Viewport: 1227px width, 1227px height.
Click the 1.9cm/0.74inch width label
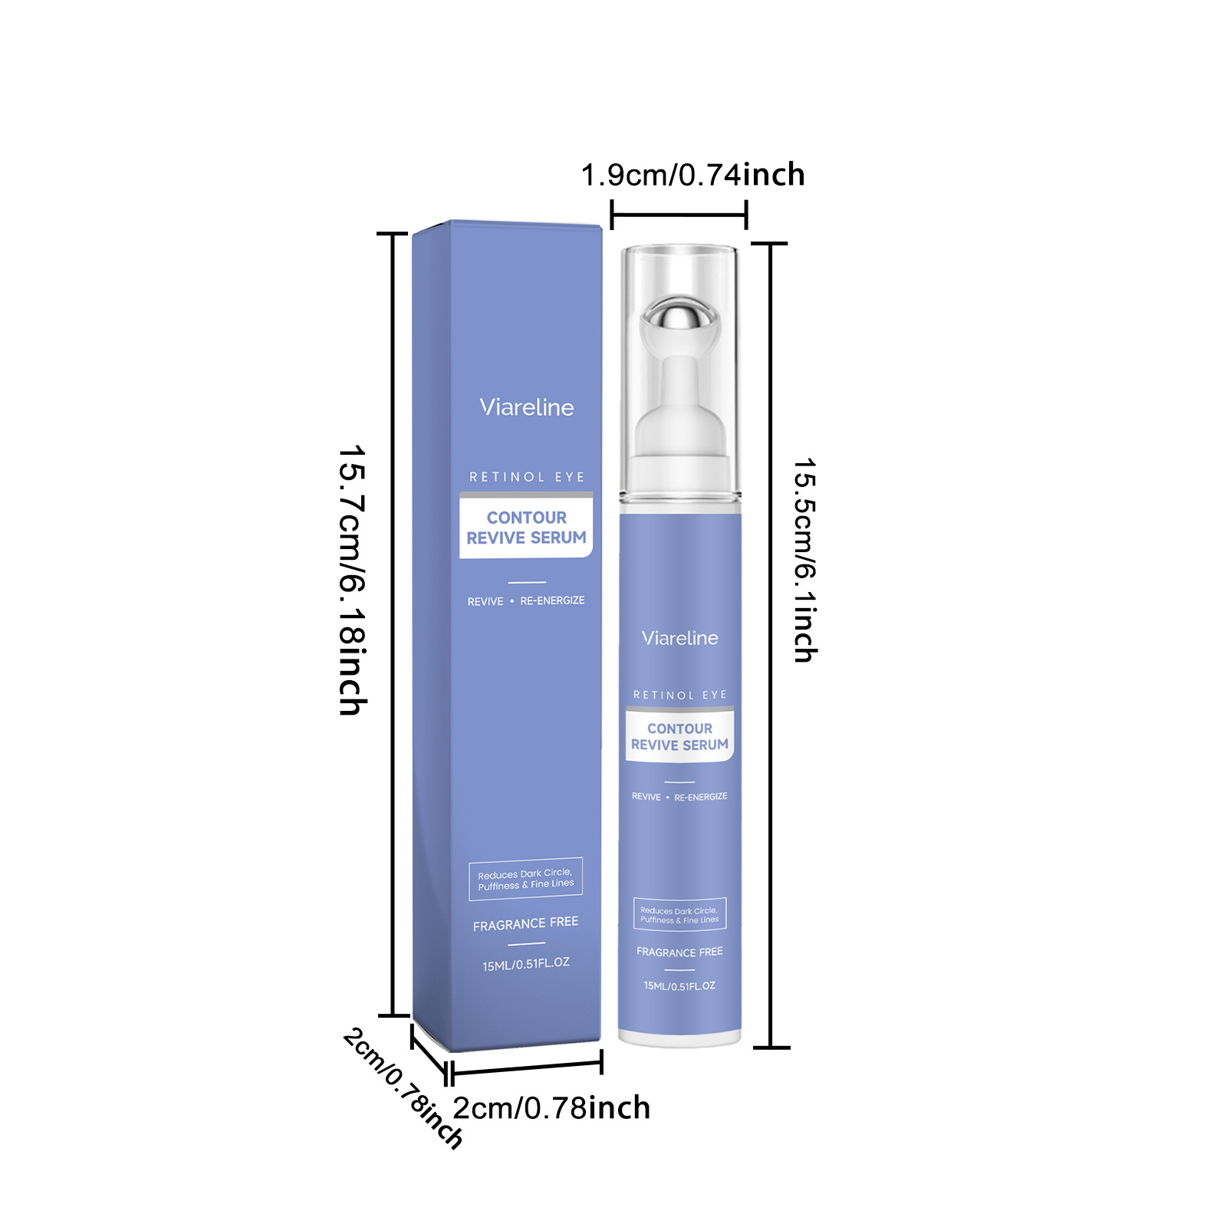click(x=692, y=175)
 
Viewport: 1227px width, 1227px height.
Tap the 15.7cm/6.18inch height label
click(x=352, y=580)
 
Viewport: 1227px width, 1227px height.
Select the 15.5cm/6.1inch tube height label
click(x=805, y=561)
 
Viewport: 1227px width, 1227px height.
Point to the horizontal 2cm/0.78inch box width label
click(x=551, y=1108)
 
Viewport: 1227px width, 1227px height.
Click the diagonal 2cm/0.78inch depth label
click(x=403, y=1088)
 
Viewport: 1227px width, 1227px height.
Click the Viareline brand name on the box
click(x=527, y=407)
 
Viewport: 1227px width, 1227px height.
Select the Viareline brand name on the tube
click(x=680, y=638)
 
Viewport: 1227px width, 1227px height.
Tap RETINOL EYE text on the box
click(x=527, y=477)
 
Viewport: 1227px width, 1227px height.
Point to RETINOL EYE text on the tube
click(x=680, y=695)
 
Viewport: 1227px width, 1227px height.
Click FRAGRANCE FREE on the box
click(x=525, y=923)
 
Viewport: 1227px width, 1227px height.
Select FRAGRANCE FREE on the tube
click(x=679, y=952)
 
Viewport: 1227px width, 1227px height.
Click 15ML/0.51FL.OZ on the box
click(x=526, y=964)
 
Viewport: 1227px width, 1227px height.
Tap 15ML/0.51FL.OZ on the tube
click(x=679, y=985)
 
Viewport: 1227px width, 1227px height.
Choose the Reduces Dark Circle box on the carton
click(x=526, y=878)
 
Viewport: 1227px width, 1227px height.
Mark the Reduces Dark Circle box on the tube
click(x=679, y=914)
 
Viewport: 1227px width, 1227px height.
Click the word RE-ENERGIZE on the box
click(x=552, y=600)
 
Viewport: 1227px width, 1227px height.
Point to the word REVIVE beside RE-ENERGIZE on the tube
click(x=646, y=797)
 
